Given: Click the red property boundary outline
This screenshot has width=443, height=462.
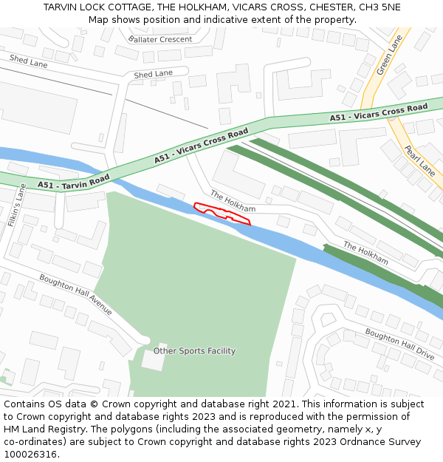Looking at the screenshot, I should [221, 212].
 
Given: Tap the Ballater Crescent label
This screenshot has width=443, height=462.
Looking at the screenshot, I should [160, 39].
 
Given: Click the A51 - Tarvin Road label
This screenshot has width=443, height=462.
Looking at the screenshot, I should [74, 180].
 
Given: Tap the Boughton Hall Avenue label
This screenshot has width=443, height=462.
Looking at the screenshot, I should [76, 295].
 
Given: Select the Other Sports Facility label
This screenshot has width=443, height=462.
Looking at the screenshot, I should [195, 351].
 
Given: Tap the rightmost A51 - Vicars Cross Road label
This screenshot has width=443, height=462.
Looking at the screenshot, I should [379, 112].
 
